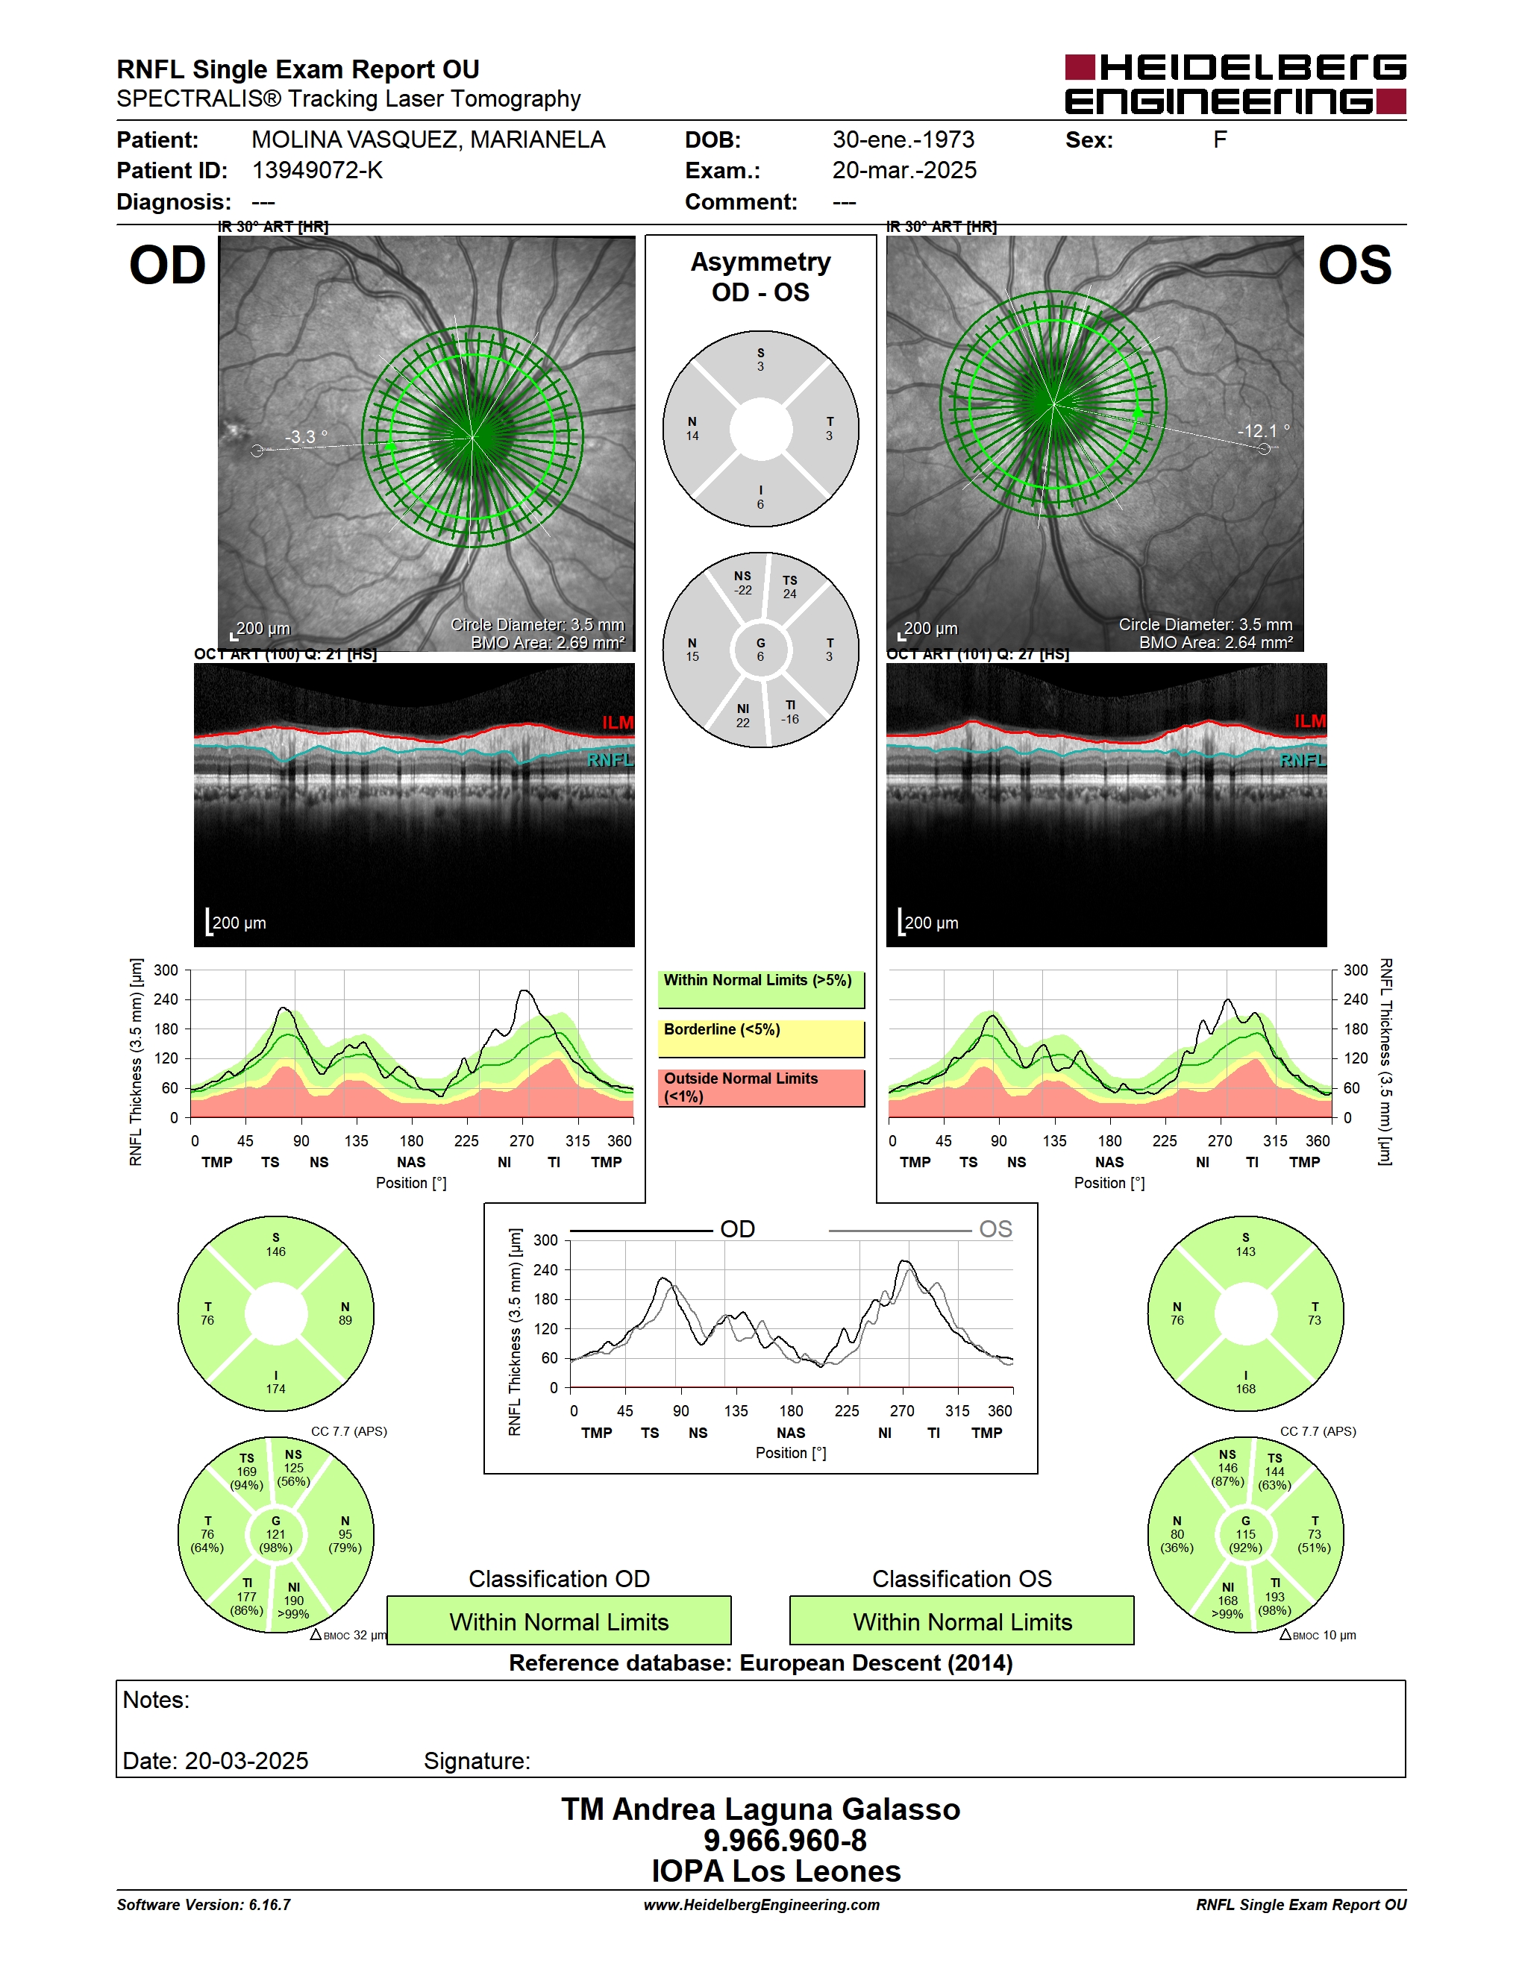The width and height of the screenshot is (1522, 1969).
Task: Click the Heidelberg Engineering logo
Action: (x=1236, y=84)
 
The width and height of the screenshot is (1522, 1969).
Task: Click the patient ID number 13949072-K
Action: (x=317, y=170)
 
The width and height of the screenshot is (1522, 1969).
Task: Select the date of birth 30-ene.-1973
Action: (x=904, y=139)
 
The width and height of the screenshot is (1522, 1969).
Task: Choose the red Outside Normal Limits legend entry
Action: (x=761, y=1087)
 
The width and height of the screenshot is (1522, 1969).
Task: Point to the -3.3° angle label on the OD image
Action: (x=307, y=437)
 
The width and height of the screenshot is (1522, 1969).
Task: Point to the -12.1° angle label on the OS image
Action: (x=1263, y=431)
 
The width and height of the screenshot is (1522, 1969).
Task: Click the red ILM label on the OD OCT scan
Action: (x=618, y=722)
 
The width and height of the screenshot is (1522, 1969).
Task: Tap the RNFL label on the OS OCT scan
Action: (x=1303, y=760)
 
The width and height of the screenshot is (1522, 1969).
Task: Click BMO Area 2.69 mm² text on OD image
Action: (x=548, y=643)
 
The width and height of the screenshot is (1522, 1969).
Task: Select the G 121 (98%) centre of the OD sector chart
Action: (x=276, y=1534)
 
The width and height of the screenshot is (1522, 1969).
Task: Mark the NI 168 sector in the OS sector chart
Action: (x=1227, y=1601)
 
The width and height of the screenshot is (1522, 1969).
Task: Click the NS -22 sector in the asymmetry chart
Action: (x=742, y=582)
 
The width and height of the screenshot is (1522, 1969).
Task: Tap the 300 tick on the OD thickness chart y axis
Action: (x=166, y=970)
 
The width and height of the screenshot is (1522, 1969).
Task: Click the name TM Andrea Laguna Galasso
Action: (x=761, y=1809)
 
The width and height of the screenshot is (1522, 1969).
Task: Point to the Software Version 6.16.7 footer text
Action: (x=204, y=1905)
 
